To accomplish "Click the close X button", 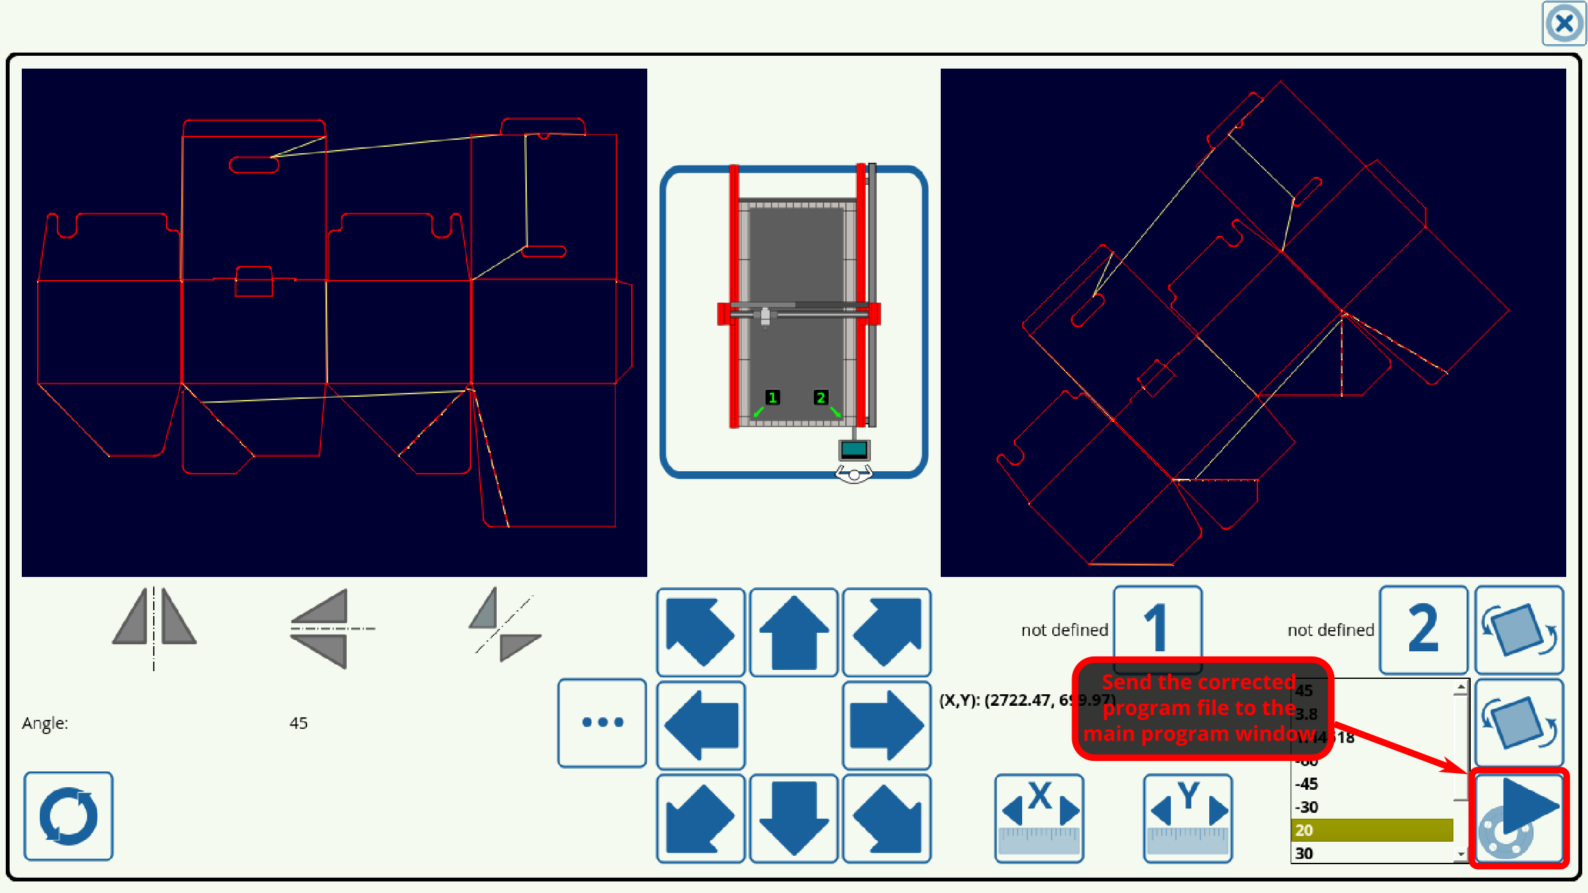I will [x=1563, y=24].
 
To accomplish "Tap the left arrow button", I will [x=700, y=725].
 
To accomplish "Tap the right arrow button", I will [x=886, y=725].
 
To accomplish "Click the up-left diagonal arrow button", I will [x=700, y=632].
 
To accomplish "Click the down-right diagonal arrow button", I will [x=886, y=818].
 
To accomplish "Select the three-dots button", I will [x=602, y=722].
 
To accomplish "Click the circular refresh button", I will [x=69, y=815].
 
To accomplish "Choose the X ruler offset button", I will [x=1039, y=818].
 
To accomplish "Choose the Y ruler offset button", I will [x=1187, y=818].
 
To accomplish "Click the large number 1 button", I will [x=1157, y=628].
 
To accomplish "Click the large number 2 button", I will [x=1423, y=629].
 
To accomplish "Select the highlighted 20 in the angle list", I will [x=1371, y=830].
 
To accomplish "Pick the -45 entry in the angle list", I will [x=1371, y=784].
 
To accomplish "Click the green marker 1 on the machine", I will [x=772, y=397].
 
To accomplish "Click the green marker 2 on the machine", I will [x=820, y=397].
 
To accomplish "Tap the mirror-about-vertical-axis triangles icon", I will [x=154, y=625].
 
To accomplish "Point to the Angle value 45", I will [x=298, y=723].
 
